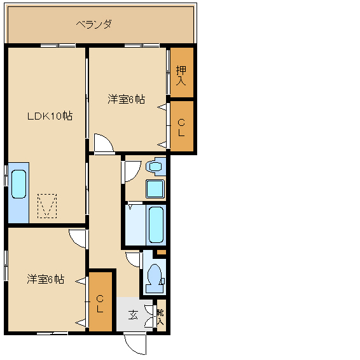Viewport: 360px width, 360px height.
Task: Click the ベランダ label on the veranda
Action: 94,24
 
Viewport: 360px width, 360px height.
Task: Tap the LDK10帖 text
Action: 50,116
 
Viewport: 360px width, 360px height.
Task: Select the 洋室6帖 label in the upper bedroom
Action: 127,99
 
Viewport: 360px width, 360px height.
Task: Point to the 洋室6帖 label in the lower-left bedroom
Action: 45,279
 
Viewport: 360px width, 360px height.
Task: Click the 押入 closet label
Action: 181,76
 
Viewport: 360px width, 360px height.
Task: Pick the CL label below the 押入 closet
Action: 181,128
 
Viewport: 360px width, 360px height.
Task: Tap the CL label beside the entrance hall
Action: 100,304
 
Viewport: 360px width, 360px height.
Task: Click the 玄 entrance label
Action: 133,315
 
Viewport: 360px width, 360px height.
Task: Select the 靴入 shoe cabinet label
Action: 160,317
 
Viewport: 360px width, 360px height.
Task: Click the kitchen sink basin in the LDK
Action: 18,184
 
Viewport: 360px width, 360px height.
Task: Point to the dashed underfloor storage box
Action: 47,206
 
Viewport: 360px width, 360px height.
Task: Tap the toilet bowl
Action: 155,278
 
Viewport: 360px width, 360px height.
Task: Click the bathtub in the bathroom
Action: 156,225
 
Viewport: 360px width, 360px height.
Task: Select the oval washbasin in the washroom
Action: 155,167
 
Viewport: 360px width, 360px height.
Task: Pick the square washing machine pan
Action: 155,189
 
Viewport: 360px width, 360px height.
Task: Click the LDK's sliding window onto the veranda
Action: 58,45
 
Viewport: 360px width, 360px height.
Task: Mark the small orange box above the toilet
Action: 162,253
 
